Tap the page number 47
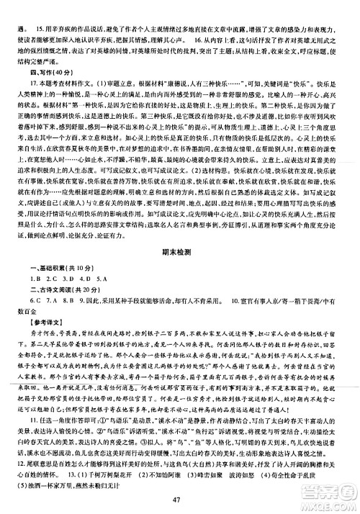180,500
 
